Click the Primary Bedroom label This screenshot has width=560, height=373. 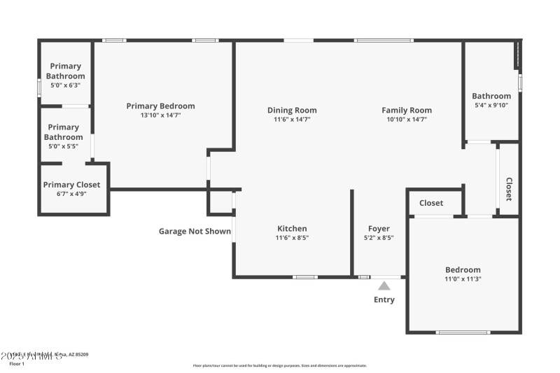click(160, 106)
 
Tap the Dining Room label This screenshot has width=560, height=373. click(292, 110)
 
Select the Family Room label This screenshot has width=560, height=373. click(406, 110)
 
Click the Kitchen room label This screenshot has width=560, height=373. click(292, 229)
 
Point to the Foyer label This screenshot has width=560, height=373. click(379, 229)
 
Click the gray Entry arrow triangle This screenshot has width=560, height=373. click(384, 286)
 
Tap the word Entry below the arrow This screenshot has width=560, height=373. click(384, 300)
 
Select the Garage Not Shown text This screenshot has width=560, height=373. click(195, 231)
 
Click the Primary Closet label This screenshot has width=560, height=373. click(71, 185)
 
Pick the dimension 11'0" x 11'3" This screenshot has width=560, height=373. click(463, 279)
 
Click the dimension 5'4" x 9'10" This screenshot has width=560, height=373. click(491, 106)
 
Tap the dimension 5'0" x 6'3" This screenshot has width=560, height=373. click(66, 85)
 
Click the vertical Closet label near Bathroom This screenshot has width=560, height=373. click(509, 189)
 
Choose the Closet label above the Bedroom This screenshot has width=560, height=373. click(431, 203)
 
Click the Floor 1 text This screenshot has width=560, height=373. click(16, 364)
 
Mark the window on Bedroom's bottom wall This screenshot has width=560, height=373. click(463, 332)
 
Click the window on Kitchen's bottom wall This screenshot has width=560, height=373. click(304, 277)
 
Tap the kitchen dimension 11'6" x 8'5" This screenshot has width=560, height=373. click(292, 238)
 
